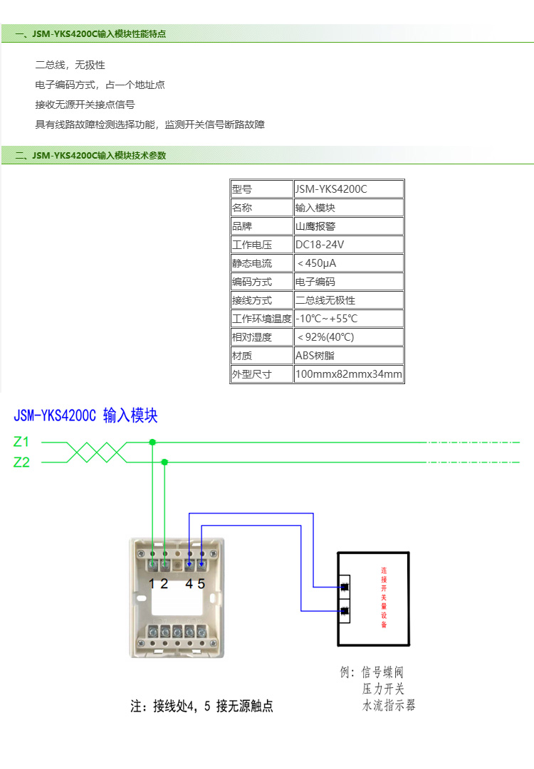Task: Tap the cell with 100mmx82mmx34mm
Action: [x=348, y=374]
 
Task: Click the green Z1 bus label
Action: [x=21, y=442]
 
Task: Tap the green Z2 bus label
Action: [x=21, y=462]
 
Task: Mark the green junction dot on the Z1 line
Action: [x=152, y=442]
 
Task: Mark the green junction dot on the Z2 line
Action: [x=164, y=462]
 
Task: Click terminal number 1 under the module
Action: [x=152, y=584]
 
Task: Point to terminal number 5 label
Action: [x=201, y=584]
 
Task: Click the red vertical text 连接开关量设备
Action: [x=384, y=598]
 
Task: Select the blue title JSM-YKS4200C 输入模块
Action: [x=85, y=416]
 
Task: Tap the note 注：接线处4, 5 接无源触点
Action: [x=201, y=706]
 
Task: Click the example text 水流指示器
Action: [x=389, y=706]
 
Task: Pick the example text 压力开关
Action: [x=383, y=689]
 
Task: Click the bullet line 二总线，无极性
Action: [x=70, y=65]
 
